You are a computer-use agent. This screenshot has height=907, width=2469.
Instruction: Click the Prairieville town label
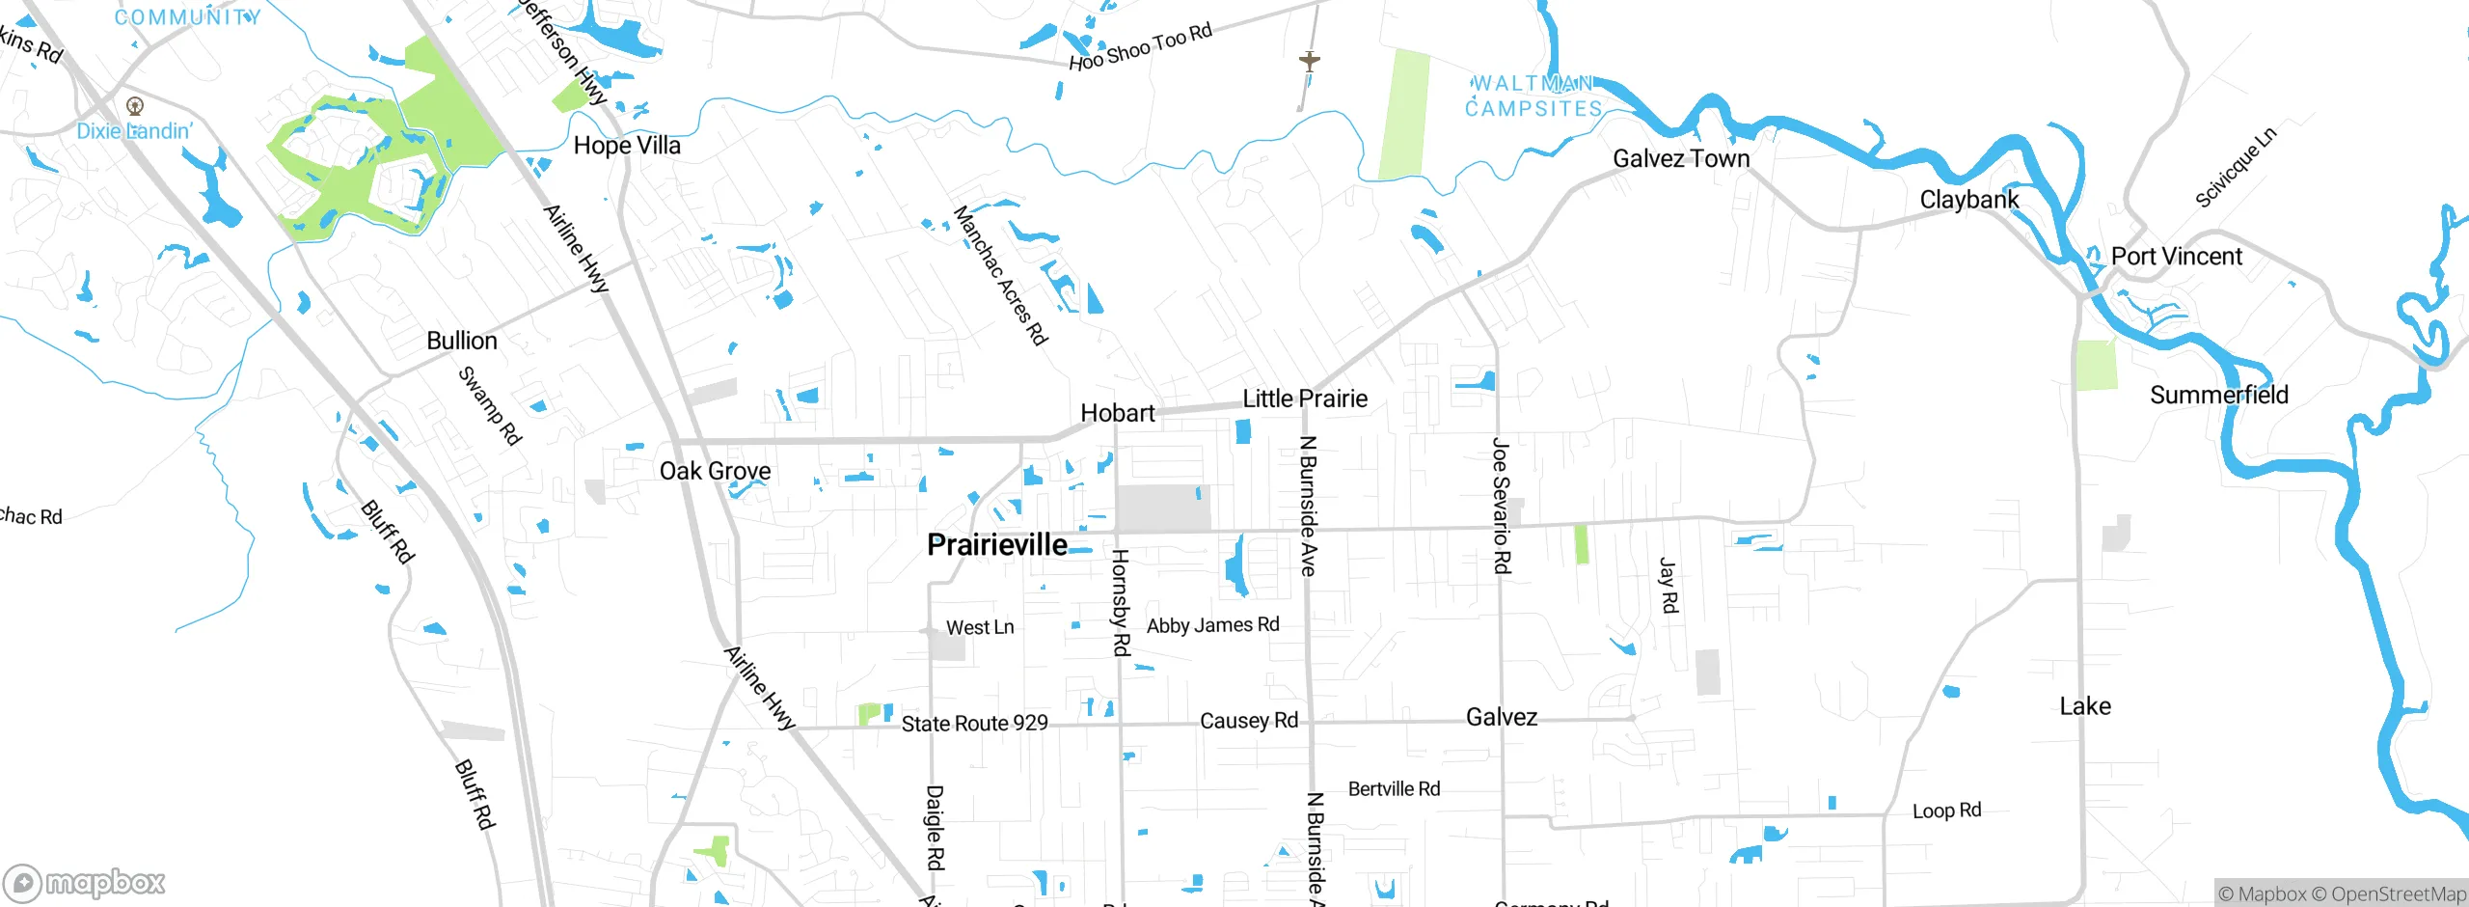coord(996,545)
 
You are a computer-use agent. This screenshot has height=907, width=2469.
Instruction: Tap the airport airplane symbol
coord(1309,61)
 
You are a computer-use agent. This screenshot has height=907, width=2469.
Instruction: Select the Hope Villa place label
coord(627,146)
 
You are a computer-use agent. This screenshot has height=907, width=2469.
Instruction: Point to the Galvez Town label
coord(1681,158)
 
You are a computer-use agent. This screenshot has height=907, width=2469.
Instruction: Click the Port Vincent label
coord(2177,257)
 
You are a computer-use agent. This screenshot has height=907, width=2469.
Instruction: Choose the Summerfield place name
coord(2218,395)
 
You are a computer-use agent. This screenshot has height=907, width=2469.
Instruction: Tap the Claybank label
coord(1968,200)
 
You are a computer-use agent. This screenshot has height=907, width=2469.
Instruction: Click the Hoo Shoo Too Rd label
coord(1140,47)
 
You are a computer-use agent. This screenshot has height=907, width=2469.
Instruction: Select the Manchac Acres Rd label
coord(1000,275)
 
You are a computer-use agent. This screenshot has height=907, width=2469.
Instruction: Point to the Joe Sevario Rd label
coord(1501,506)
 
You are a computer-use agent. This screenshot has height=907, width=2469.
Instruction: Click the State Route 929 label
coord(974,724)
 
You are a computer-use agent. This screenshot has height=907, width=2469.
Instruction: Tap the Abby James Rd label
coord(1212,625)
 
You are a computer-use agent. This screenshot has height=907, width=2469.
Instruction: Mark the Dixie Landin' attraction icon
coord(135,106)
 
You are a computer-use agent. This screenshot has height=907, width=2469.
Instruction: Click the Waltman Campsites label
coord(1533,96)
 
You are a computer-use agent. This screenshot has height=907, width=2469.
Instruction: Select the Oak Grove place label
coord(715,471)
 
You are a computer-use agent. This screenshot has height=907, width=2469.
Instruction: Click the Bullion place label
coord(462,341)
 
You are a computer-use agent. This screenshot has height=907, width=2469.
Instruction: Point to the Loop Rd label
coord(1946,811)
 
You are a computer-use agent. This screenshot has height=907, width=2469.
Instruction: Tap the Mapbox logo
coord(85,883)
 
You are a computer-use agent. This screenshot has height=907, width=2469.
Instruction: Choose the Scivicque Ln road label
coord(2235,168)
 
